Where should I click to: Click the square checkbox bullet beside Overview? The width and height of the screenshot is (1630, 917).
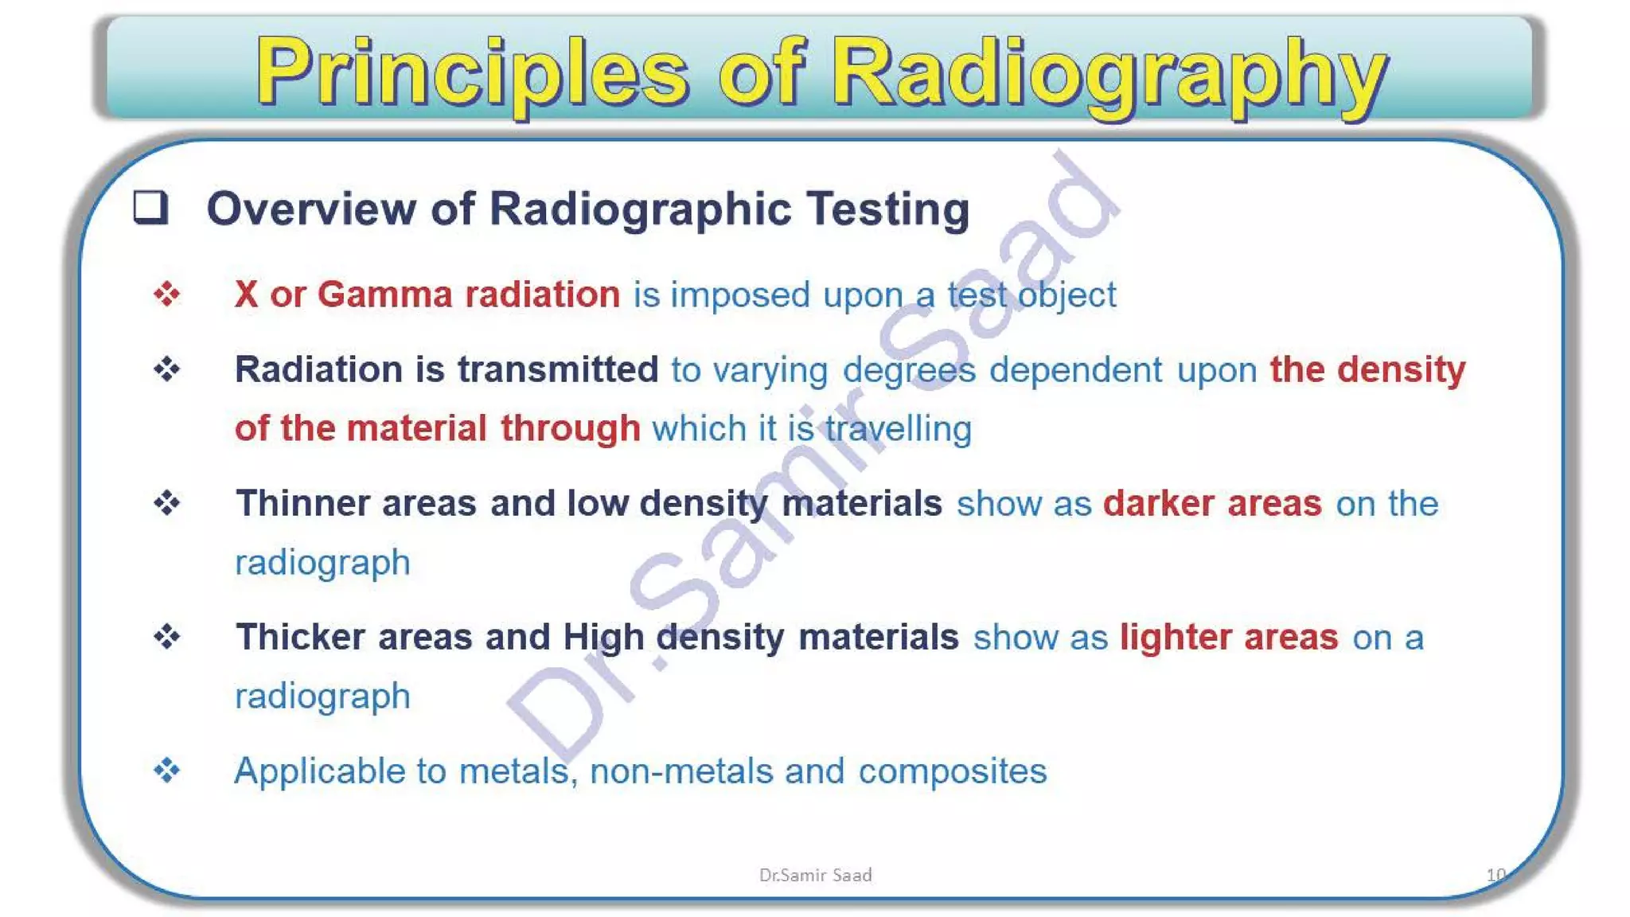(150, 207)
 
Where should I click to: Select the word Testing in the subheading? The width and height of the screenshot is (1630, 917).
(887, 209)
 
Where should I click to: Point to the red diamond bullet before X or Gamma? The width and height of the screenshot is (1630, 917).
(167, 295)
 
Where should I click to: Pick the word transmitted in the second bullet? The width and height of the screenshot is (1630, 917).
(558, 369)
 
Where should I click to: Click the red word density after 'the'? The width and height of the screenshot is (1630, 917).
(1401, 369)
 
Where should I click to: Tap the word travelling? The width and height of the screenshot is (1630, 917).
(898, 429)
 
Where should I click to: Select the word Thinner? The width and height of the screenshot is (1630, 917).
(302, 503)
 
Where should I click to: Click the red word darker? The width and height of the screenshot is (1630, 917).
(1158, 503)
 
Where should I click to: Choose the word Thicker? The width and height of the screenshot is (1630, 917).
(300, 637)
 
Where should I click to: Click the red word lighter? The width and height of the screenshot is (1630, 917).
(1176, 637)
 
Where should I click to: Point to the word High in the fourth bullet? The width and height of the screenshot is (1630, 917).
(603, 638)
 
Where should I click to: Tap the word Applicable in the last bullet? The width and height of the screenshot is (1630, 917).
(319, 771)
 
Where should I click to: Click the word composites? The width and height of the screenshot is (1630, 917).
(952, 772)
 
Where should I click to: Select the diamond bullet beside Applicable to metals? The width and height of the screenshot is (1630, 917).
(167, 771)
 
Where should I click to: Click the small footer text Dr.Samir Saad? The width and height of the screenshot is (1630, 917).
(815, 875)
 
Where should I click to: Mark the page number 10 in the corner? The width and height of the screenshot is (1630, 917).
(1495, 875)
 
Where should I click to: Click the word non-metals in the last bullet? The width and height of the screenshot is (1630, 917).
(681, 771)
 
